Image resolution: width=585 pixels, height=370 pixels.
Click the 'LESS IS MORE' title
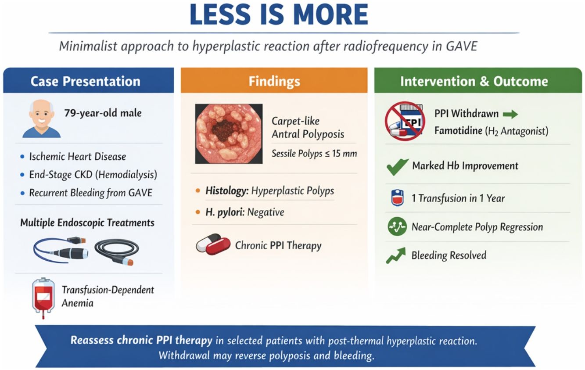[x=279, y=14]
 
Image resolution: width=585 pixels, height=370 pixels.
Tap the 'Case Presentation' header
[x=86, y=81]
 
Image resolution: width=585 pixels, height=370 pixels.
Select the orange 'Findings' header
[x=274, y=81]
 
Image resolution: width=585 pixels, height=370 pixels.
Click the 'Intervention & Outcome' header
[x=474, y=81]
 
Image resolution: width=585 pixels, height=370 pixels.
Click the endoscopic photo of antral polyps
[x=229, y=134]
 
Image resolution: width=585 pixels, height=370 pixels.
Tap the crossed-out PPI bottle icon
[x=405, y=121]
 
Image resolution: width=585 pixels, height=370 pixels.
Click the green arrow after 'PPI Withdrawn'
[x=510, y=114]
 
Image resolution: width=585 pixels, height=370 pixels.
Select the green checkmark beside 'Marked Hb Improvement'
[x=398, y=167]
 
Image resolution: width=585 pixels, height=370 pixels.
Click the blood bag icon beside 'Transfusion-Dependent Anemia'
[x=43, y=298]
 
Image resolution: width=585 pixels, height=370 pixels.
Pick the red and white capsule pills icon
[x=213, y=244]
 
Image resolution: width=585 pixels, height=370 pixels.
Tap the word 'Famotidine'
[x=458, y=130]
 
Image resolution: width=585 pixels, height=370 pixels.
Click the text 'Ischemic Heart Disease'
[x=78, y=157]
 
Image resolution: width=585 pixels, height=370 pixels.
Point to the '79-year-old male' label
[x=103, y=113]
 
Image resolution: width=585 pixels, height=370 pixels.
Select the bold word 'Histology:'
[x=227, y=191]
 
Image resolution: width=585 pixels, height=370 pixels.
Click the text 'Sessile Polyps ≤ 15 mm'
[x=314, y=154]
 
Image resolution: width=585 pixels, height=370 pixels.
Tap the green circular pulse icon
[x=397, y=226]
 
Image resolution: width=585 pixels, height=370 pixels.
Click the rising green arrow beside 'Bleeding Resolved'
[x=396, y=255]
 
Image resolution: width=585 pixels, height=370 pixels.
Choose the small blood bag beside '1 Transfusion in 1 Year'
[x=398, y=198]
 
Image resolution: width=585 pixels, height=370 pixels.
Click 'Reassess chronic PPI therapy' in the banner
[x=141, y=340]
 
